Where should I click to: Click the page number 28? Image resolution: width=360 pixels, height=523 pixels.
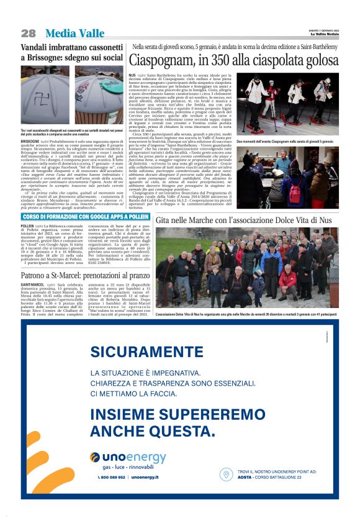[28, 33]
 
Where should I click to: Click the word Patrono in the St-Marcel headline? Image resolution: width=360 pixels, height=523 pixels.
[38, 274]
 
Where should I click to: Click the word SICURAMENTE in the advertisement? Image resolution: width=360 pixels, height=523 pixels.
[137, 352]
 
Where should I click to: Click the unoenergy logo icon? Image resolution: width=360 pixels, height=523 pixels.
[95, 457]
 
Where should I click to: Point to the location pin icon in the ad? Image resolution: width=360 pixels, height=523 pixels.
[227, 475]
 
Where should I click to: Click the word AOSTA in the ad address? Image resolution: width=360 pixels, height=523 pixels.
[245, 478]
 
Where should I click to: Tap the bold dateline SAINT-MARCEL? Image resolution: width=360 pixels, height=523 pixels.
[32, 284]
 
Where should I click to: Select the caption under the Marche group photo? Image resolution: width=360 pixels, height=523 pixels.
[246, 315]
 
